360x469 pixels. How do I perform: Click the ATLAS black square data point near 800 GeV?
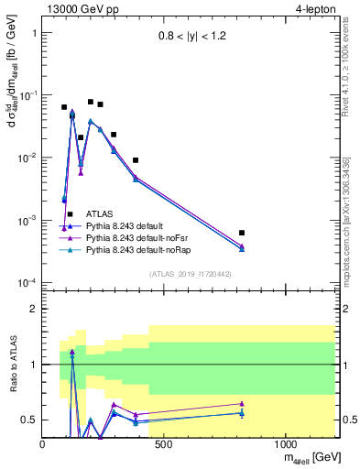pyautogui.click(x=242, y=233)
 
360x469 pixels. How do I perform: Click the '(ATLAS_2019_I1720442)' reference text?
pyautogui.click(x=190, y=274)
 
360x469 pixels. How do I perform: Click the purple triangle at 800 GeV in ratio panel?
pyautogui.click(x=242, y=403)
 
